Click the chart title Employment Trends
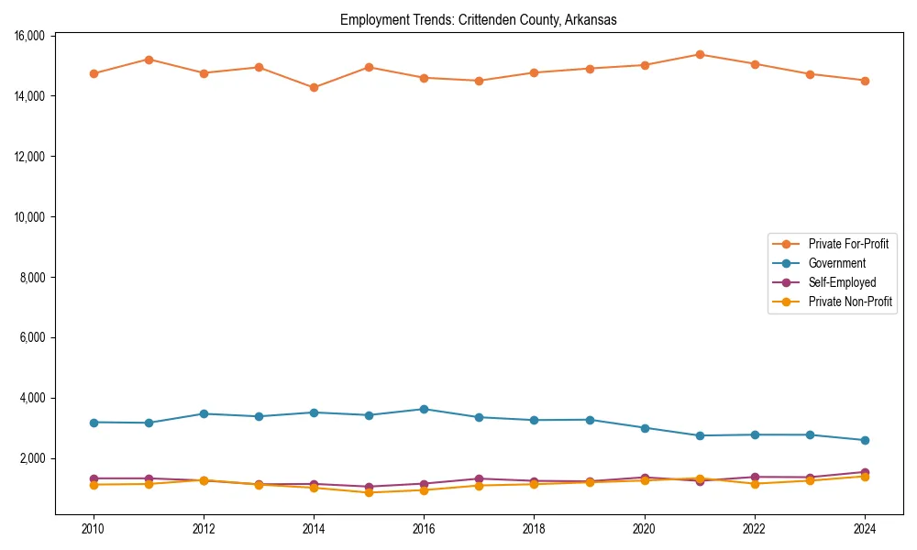[479, 19]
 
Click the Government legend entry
[836, 263]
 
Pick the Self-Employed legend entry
[842, 282]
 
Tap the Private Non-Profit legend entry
[850, 302]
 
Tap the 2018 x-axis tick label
[535, 529]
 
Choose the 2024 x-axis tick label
[865, 529]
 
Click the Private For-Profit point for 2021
[700, 54]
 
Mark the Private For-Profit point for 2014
[314, 88]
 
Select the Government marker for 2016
[424, 409]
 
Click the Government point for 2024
[865, 440]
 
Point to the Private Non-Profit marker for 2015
[369, 492]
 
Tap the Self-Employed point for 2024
[865, 472]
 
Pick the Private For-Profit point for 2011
[149, 60]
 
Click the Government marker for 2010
[94, 422]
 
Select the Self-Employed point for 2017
[479, 478]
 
